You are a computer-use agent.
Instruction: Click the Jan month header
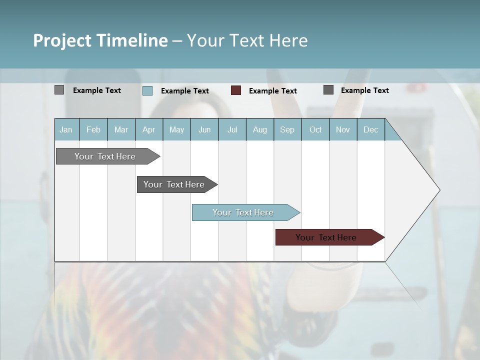tap(66, 129)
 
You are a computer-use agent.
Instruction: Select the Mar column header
tap(121, 129)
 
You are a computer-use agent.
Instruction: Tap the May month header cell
tap(176, 129)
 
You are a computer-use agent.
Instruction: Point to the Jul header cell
tap(232, 129)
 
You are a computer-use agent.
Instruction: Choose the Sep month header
tap(287, 129)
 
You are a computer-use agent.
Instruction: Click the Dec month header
tap(370, 129)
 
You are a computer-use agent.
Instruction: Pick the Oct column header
tap(315, 129)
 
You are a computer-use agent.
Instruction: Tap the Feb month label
tap(93, 129)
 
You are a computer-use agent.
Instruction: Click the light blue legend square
tap(147, 90)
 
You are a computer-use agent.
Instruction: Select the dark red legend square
tap(236, 90)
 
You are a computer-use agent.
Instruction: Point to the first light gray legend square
tap(59, 90)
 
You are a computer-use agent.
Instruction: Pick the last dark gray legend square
tap(328, 90)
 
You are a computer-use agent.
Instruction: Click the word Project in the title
tap(62, 40)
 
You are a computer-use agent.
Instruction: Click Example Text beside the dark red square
tap(273, 91)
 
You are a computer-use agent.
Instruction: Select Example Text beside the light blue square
tap(185, 91)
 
